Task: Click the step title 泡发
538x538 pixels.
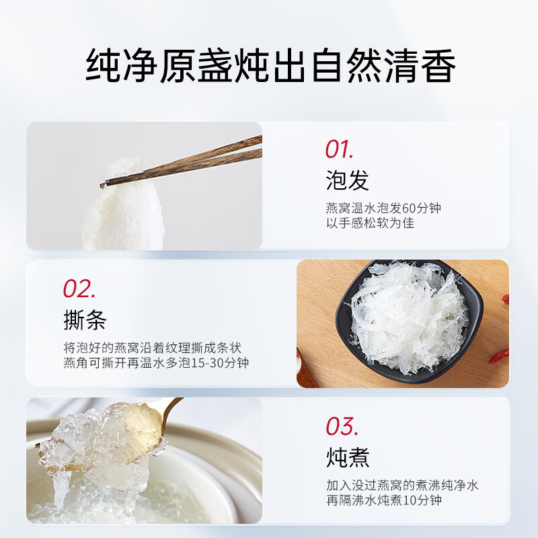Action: pyautogui.click(x=347, y=180)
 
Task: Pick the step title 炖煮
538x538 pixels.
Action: pyautogui.click(x=347, y=458)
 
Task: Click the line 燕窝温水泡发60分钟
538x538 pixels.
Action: pyautogui.click(x=383, y=208)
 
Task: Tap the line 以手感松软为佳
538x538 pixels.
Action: pyautogui.click(x=370, y=223)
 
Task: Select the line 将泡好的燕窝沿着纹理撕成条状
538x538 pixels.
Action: pyautogui.click(x=151, y=348)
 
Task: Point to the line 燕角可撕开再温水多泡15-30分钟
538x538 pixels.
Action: pyautogui.click(x=155, y=363)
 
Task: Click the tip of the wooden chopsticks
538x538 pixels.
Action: pyautogui.click(x=105, y=184)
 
